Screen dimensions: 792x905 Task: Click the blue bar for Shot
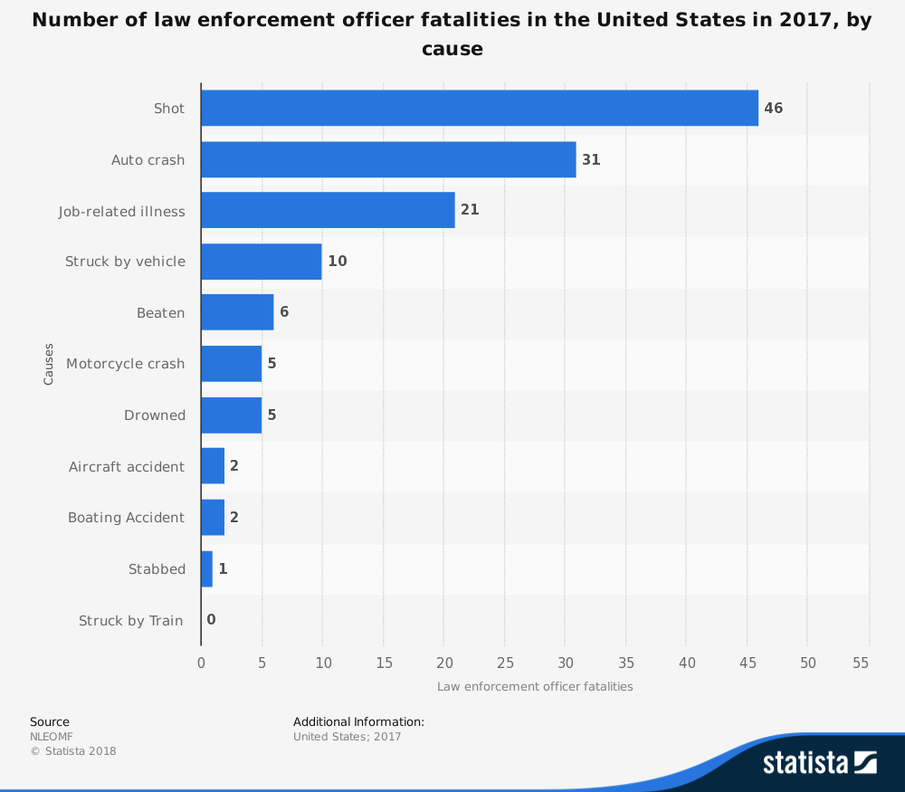point(480,108)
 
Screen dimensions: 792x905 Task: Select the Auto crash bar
point(388,159)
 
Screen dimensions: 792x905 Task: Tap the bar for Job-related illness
point(328,210)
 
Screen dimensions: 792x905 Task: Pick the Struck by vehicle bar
point(261,262)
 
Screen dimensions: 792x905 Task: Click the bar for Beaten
point(237,312)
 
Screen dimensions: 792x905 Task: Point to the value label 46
point(773,109)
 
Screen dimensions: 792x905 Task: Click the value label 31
point(591,159)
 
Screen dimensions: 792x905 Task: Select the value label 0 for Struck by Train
point(211,620)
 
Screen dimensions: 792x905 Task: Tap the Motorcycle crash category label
point(125,364)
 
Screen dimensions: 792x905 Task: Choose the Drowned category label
point(155,415)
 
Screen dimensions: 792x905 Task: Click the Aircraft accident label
point(127,467)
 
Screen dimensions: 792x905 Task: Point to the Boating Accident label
point(126,518)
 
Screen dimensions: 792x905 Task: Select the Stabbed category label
point(157,569)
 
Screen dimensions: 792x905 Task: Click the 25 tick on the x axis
point(505,663)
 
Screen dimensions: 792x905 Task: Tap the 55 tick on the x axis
point(861,663)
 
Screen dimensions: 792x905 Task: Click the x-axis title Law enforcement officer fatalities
point(535,686)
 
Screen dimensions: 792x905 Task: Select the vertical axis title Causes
point(49,363)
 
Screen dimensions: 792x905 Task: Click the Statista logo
point(819,762)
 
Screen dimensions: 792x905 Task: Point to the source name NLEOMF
point(51,737)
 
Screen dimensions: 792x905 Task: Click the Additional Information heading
point(358,721)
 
